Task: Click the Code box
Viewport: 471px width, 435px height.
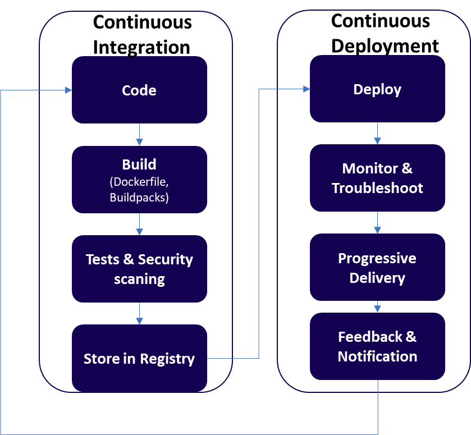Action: tap(139, 90)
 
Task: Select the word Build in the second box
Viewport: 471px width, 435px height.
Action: tap(139, 164)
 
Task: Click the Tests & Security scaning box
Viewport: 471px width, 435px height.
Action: tap(139, 269)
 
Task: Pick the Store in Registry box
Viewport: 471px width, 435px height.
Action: tap(139, 359)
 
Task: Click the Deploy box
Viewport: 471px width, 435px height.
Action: tap(377, 89)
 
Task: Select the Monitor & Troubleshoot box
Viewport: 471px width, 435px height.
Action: tap(377, 178)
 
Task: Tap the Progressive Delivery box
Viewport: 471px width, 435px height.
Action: tap(377, 268)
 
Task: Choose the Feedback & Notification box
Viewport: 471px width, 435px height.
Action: tap(377, 346)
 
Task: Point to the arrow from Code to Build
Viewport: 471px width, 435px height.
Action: tap(139, 135)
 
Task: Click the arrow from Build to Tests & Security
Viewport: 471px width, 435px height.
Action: tap(139, 225)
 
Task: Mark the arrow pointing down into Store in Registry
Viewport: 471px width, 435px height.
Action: tap(139, 314)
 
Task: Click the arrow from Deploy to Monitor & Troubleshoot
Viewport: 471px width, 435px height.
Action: tap(377, 134)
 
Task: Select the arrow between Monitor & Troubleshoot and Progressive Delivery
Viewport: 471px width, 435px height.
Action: tap(377, 223)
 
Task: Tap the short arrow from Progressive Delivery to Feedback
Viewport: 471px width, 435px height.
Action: tap(377, 307)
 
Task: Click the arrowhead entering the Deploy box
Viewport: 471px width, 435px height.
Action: tap(306, 89)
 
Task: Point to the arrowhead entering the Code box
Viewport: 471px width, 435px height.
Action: tap(68, 90)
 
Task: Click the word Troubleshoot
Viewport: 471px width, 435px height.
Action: tap(377, 188)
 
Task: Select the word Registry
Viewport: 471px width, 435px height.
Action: tap(167, 359)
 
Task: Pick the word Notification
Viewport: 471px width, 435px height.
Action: tap(377, 356)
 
